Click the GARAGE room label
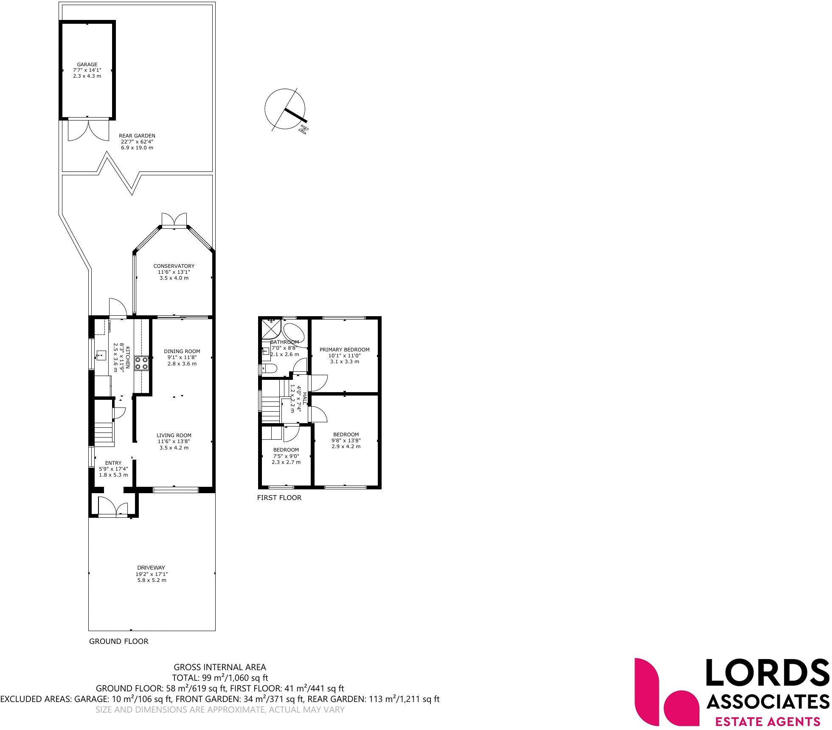click(87, 65)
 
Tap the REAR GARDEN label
click(137, 136)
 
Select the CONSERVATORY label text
click(174, 266)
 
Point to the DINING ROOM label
click(182, 351)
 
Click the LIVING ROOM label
click(174, 435)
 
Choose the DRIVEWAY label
click(151, 568)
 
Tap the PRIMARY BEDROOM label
click(344, 350)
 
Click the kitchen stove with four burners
click(141, 363)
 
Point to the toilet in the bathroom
click(269, 368)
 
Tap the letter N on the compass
click(303, 129)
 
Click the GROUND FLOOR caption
click(118, 641)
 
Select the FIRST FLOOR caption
click(279, 498)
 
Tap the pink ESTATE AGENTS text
click(767, 722)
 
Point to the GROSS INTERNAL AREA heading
click(219, 667)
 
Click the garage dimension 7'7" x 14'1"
click(87, 70)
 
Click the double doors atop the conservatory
click(174, 219)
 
